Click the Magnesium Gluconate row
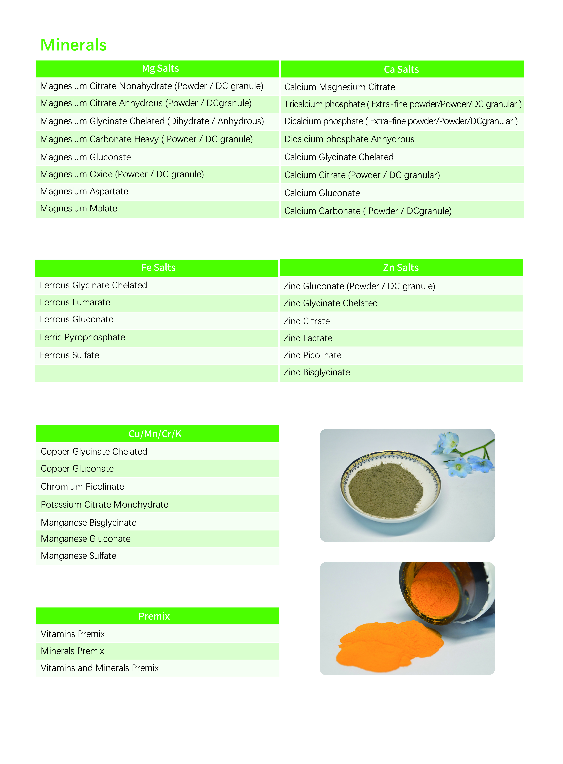pyautogui.click(x=86, y=157)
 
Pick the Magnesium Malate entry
pyautogui.click(x=79, y=209)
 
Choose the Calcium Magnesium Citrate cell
pyautogui.click(x=339, y=87)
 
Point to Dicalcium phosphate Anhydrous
pyautogui.click(x=349, y=139)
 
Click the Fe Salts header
pyautogui.click(x=158, y=267)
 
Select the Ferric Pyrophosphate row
pyautogui.click(x=83, y=337)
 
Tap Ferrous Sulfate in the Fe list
pyautogui.click(x=70, y=355)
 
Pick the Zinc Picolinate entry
pyautogui.click(x=313, y=355)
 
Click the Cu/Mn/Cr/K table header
pyautogui.click(x=155, y=434)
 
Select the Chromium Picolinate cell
pyautogui.click(x=83, y=487)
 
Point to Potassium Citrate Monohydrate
pyautogui.click(x=105, y=505)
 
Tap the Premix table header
pyautogui.click(x=154, y=616)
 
